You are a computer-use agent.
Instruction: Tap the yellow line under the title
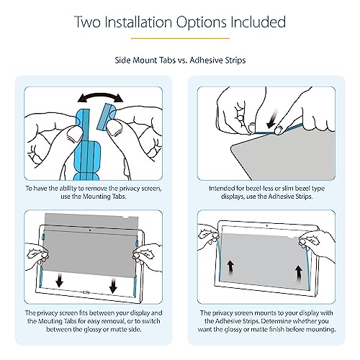[180, 38]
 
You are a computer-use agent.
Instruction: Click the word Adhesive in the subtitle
[206, 60]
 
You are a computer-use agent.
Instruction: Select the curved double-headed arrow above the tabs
[100, 98]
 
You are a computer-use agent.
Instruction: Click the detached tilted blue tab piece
[107, 116]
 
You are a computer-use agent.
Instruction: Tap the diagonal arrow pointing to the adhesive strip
[273, 119]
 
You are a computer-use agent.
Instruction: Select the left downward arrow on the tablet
[59, 280]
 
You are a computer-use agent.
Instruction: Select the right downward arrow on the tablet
[113, 285]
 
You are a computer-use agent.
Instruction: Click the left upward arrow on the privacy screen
[230, 268]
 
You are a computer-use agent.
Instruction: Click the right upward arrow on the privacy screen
[299, 274]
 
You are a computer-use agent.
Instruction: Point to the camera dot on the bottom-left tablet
[90, 230]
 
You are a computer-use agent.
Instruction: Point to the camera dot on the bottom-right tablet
[267, 226]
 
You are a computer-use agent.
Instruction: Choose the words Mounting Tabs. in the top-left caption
[104, 197]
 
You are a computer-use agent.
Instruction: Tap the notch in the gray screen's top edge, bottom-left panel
[126, 217]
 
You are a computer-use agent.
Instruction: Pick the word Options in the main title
[202, 22]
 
